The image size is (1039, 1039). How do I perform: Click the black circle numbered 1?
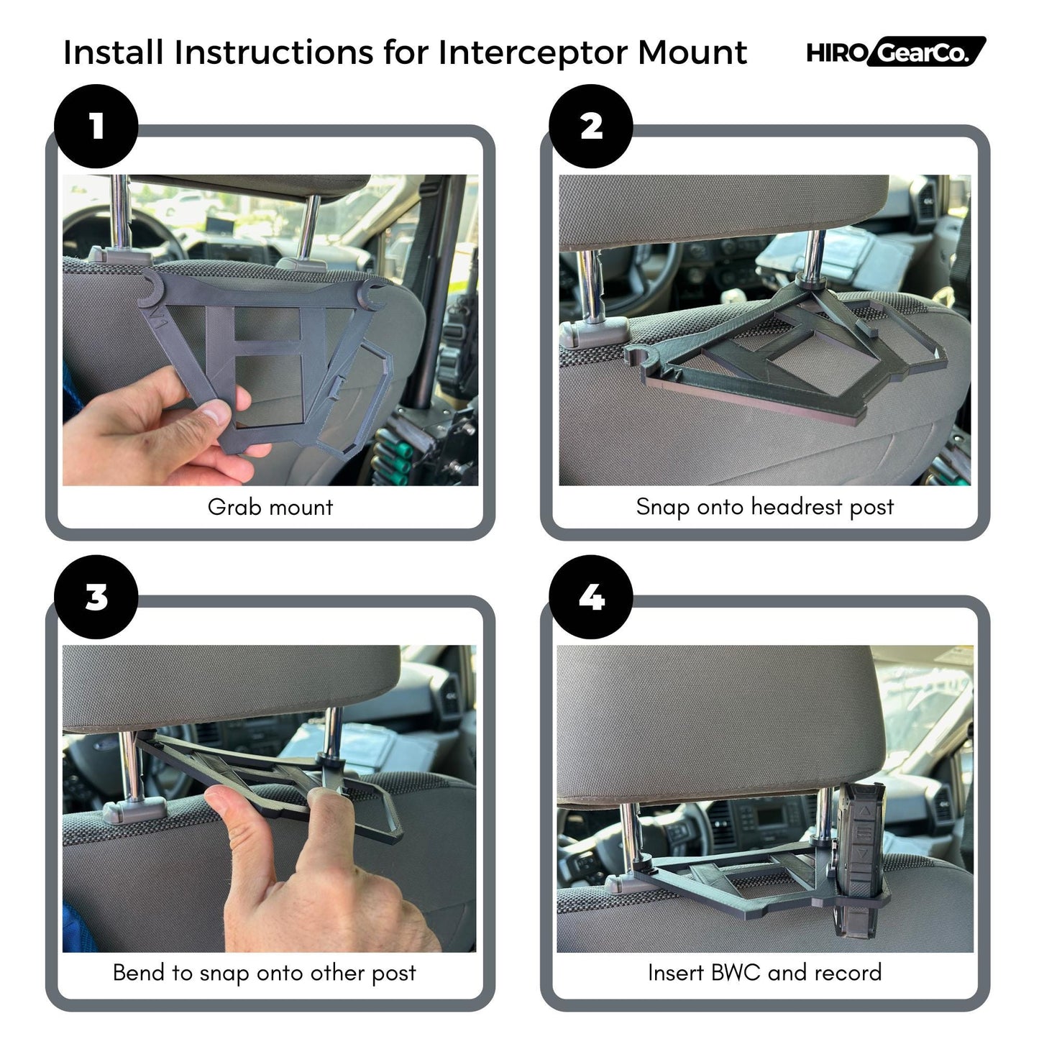(x=96, y=127)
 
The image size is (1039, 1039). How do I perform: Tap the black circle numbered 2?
(x=590, y=127)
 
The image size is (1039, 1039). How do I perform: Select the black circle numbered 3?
(x=96, y=597)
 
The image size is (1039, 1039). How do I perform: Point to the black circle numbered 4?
(x=590, y=597)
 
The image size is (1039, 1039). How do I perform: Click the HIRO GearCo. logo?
(x=895, y=52)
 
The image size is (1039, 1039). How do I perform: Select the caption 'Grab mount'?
(x=270, y=507)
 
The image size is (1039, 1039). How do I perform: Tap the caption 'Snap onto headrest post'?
(x=764, y=507)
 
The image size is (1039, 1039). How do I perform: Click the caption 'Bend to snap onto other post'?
(x=264, y=973)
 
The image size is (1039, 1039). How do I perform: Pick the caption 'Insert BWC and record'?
(x=764, y=973)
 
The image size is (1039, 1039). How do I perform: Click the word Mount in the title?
(x=692, y=53)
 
